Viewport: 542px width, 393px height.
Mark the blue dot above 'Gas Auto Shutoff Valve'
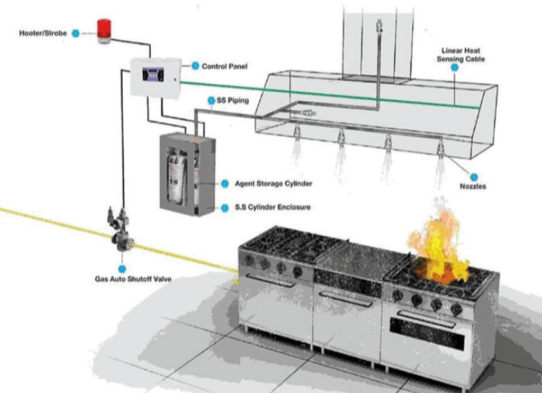click(x=122, y=269)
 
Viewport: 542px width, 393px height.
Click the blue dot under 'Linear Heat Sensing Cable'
click(x=455, y=68)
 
